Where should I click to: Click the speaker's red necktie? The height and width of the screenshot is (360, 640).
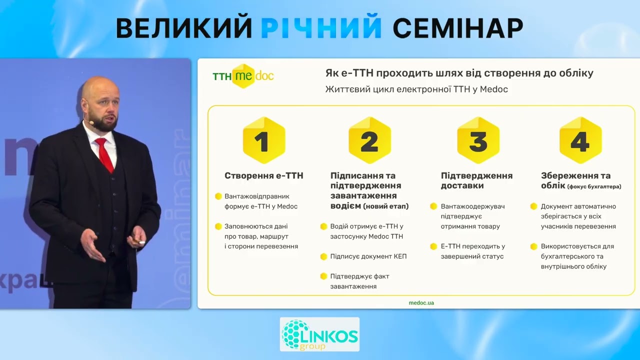coord(104,155)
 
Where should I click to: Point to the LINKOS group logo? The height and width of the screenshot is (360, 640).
coord(319,334)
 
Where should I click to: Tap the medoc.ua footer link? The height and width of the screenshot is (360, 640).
coord(421,302)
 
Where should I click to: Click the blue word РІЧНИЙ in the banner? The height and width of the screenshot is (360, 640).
coord(321,29)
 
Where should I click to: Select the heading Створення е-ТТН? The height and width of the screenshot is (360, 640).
coord(264,175)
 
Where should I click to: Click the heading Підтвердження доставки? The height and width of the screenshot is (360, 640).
coord(476,180)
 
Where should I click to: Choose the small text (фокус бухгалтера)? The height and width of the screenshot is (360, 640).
coord(594,186)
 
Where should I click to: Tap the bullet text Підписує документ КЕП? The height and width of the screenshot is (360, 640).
coord(368,256)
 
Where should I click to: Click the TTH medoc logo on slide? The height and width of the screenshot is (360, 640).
coord(243,76)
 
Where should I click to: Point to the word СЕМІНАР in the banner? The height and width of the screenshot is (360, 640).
coord(457,29)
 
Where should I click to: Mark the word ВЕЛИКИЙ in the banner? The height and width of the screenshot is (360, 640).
coord(183,29)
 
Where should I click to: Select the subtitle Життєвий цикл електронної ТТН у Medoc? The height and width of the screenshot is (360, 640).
coord(416,89)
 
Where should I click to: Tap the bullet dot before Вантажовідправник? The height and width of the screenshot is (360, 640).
coord(218,196)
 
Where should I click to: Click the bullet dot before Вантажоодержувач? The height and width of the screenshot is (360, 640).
coord(434,206)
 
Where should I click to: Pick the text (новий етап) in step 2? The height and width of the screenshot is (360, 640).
coord(385,206)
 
